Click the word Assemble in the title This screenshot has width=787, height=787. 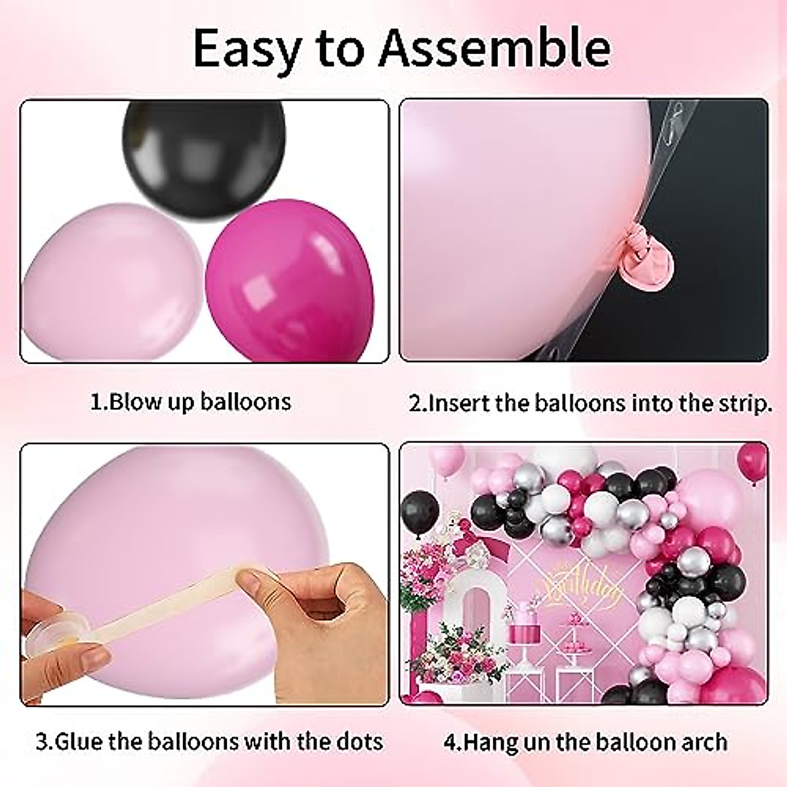(x=495, y=48)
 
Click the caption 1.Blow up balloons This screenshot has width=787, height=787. (x=190, y=401)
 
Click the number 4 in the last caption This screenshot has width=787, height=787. (x=451, y=742)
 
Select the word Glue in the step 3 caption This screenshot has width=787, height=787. (x=74, y=742)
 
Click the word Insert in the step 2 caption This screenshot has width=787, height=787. (x=459, y=403)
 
